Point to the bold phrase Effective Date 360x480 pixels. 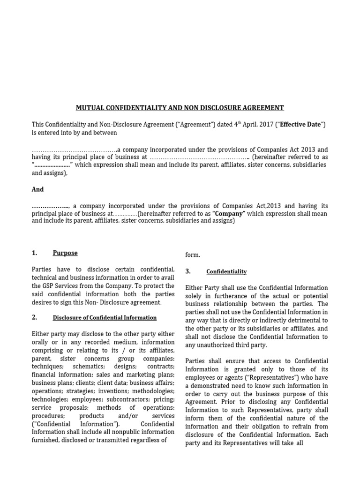pos(300,125)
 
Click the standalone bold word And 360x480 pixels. pos(37,189)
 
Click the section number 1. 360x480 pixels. pos(34,253)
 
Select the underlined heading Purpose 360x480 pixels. pos(65,253)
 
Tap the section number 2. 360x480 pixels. pos(34,317)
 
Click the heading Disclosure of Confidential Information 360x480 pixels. pos(105,318)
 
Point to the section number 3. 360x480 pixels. pos(188,271)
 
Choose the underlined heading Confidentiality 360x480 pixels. pos(226,272)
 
